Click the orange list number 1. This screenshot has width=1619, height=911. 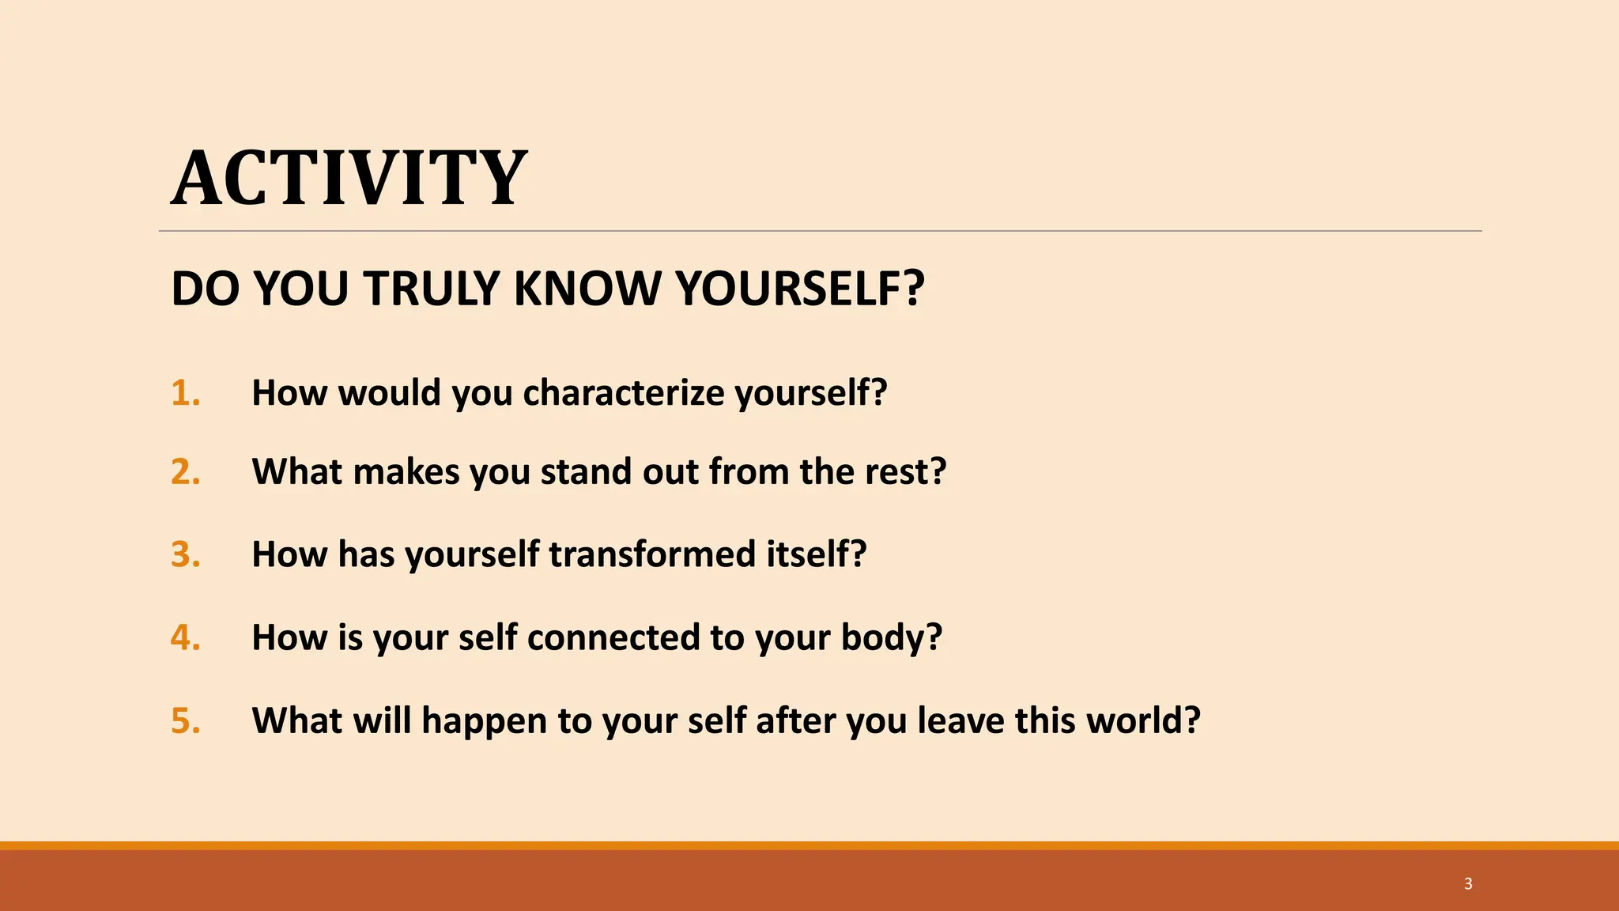pos(185,393)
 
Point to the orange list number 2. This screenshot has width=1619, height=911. pos(185,472)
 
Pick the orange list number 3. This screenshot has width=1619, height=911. pos(185,554)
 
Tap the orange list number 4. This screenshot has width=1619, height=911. pos(185,637)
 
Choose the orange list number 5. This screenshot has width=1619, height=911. pos(185,720)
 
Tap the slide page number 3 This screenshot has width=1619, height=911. pos(1468,883)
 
